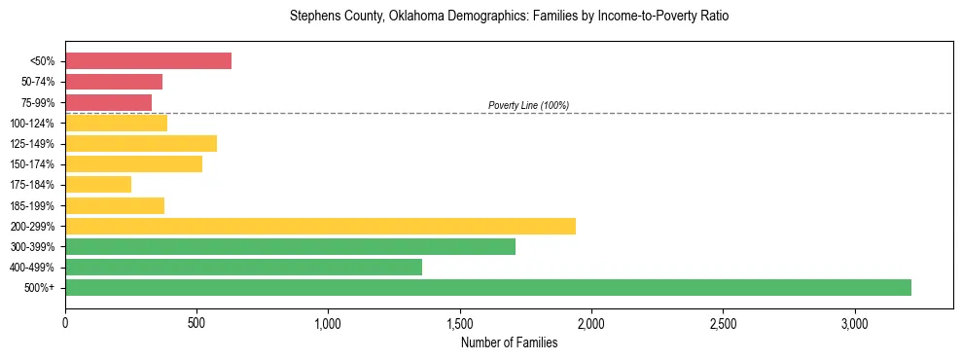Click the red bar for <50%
point(148,61)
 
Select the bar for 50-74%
point(114,82)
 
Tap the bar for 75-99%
point(108,102)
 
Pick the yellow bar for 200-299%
point(320,226)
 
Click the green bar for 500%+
point(487,287)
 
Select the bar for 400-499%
point(243,267)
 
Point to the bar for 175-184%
point(98,184)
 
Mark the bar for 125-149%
point(141,143)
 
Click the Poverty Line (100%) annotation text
point(528,105)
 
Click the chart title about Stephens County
point(509,17)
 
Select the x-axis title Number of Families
point(509,342)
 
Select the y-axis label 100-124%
point(32,124)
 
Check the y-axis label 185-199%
point(32,205)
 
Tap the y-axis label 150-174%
point(32,164)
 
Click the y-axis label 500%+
point(39,288)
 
